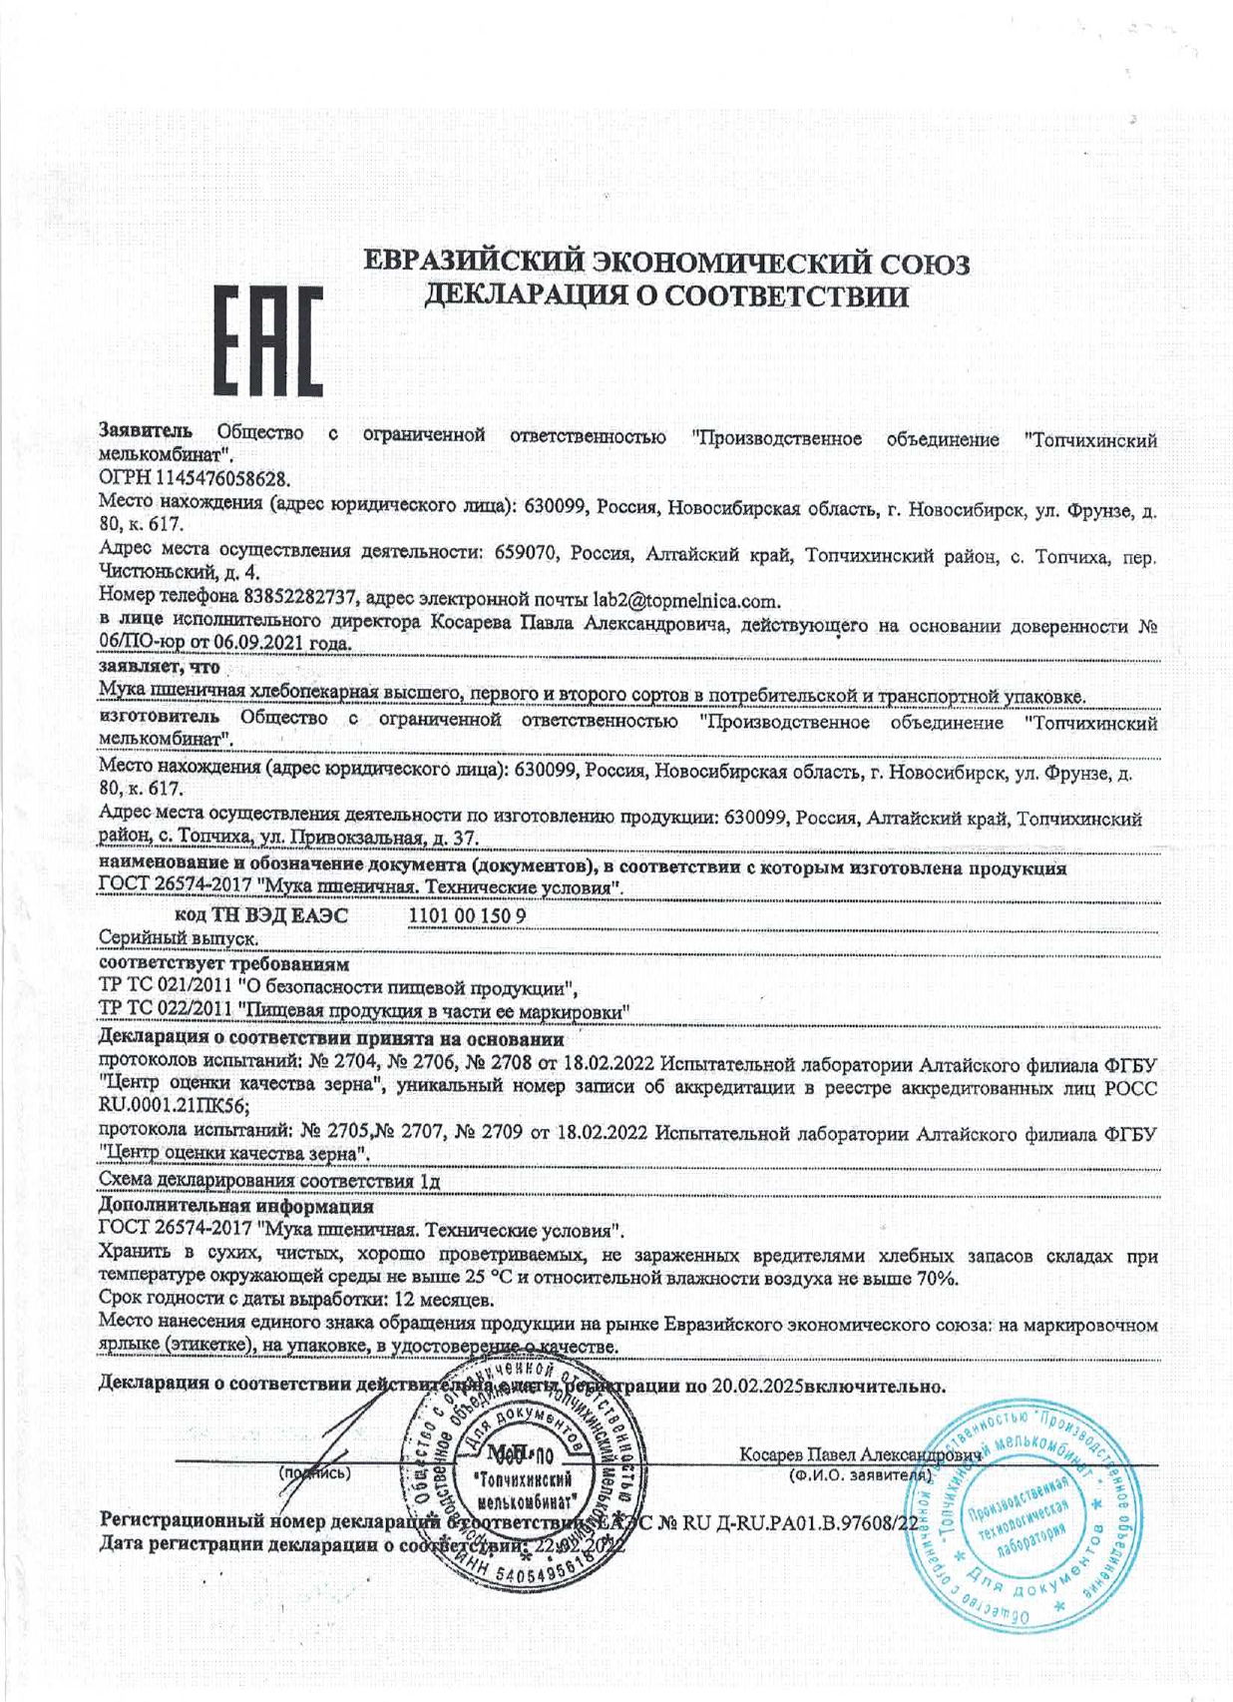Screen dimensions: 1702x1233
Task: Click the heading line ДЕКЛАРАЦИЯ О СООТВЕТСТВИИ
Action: tap(666, 296)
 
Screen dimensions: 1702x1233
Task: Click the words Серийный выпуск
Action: tap(179, 938)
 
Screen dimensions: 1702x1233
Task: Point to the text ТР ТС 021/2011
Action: tap(166, 988)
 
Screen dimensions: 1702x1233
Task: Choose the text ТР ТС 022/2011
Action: tap(166, 1011)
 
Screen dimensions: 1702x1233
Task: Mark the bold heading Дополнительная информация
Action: tap(235, 1206)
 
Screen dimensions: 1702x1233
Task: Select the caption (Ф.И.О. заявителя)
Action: tap(860, 1474)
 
